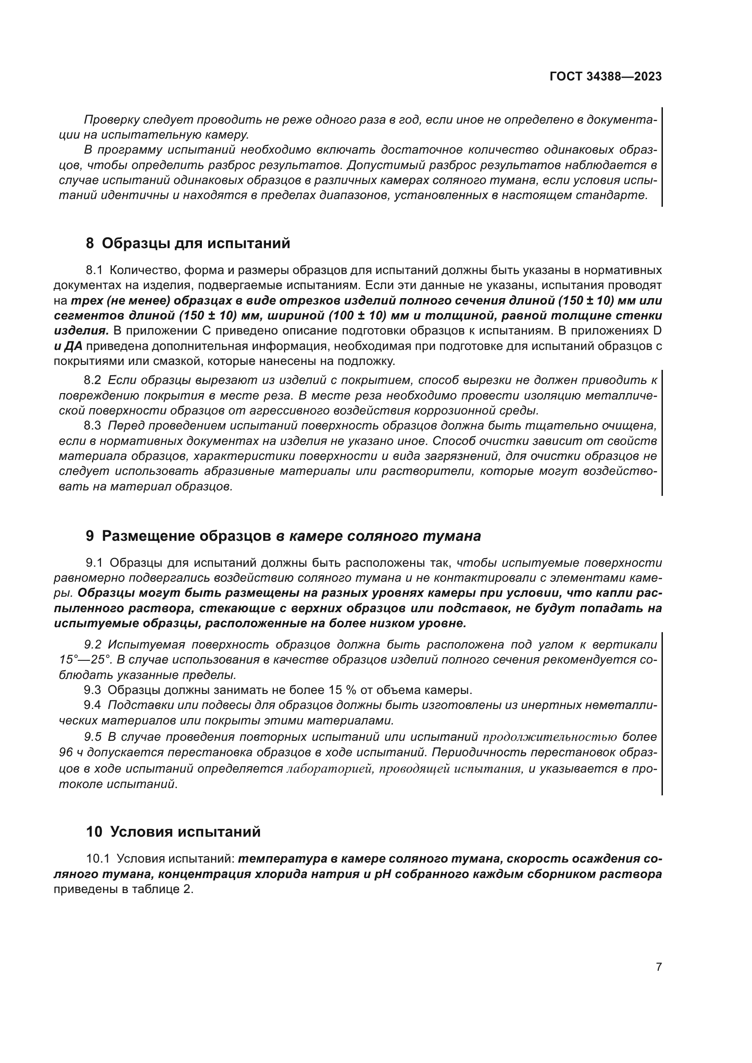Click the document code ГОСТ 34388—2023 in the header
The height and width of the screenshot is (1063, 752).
(x=605, y=77)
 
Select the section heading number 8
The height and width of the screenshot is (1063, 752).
(x=90, y=243)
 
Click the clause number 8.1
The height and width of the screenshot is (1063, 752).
(x=94, y=270)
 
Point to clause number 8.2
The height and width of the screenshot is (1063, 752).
(x=92, y=380)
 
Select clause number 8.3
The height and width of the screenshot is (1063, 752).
(x=92, y=425)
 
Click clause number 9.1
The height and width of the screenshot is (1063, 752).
(x=94, y=563)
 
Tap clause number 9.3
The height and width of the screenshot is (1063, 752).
(x=92, y=690)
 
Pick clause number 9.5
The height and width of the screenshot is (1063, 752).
(x=92, y=737)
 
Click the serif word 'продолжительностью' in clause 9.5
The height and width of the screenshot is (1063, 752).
(x=550, y=737)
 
